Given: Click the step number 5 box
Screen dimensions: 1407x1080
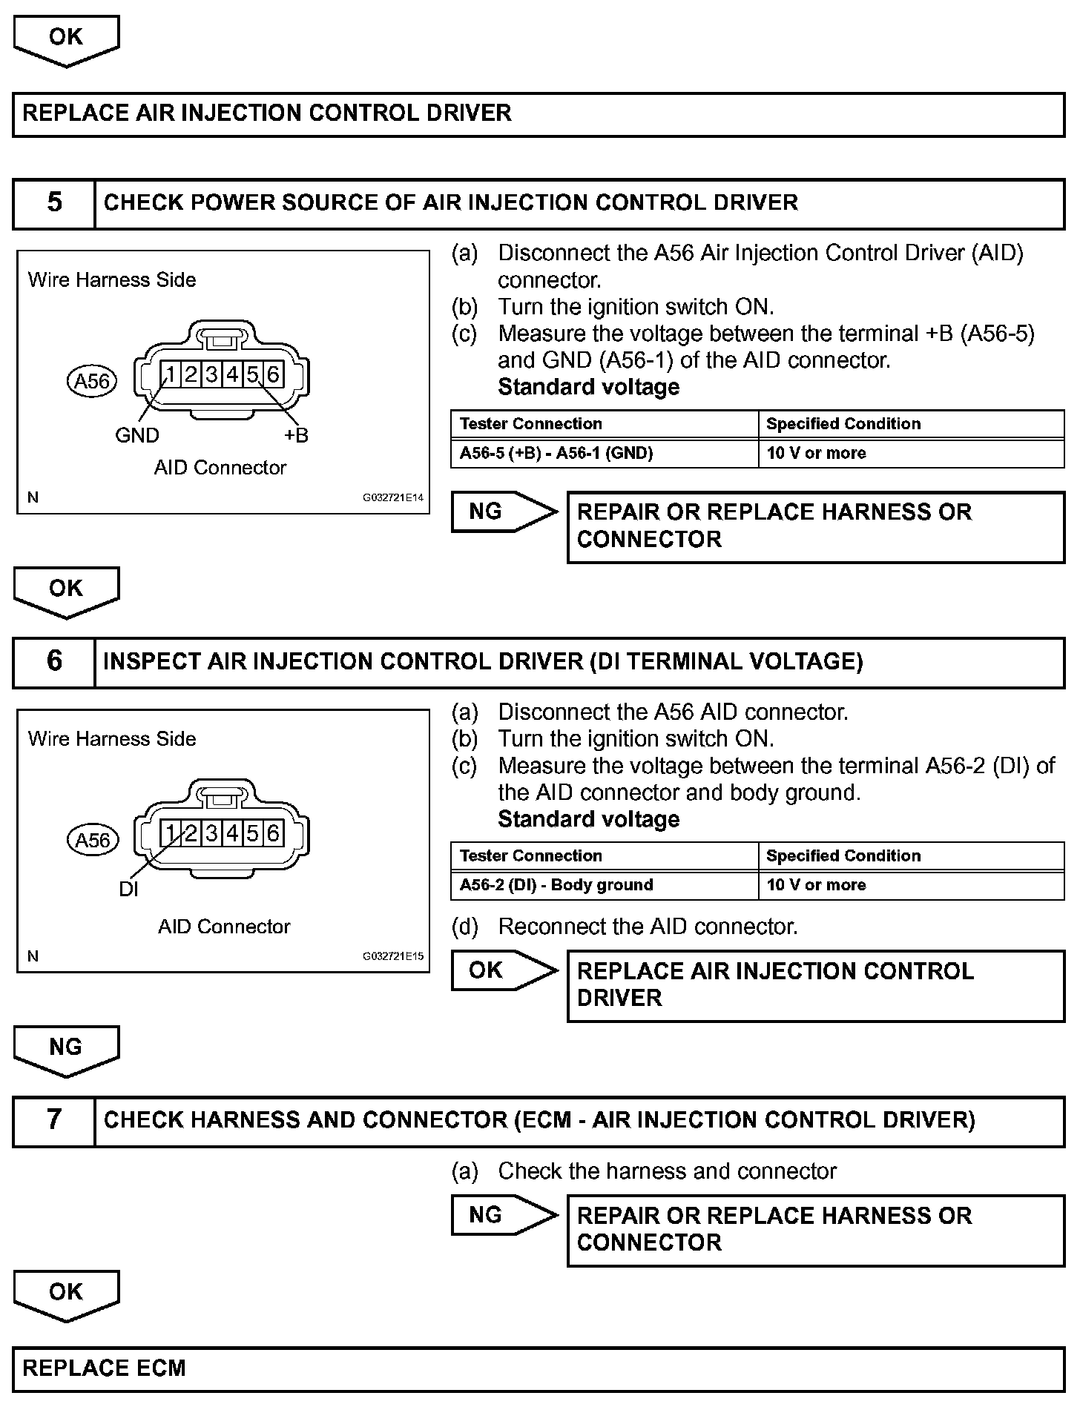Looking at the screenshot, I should click(x=54, y=203).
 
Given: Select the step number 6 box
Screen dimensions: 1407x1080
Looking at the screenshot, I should click(x=54, y=662).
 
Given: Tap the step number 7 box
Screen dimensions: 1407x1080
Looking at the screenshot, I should click(x=54, y=1120).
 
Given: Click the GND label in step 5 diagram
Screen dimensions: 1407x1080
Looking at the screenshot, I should click(x=137, y=435).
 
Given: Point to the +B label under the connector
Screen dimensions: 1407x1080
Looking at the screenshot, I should click(x=296, y=435).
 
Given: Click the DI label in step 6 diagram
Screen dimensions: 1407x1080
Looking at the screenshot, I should click(x=128, y=888).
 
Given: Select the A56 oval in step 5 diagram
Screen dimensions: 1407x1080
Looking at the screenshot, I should click(x=92, y=381).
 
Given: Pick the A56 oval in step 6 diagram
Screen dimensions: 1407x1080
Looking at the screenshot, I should click(x=92, y=840).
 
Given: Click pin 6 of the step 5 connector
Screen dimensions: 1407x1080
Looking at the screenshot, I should click(x=273, y=374).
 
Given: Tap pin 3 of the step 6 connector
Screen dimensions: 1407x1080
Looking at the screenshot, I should click(x=211, y=833).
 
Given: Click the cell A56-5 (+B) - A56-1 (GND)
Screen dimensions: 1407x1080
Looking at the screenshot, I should click(x=556, y=453).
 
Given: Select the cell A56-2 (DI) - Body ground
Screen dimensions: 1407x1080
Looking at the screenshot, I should click(x=556, y=885).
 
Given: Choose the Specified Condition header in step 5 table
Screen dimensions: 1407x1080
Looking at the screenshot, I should click(x=843, y=424).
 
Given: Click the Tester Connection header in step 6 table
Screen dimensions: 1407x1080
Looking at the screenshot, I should click(x=531, y=856).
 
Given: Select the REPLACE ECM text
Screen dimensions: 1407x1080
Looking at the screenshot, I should click(x=105, y=1368).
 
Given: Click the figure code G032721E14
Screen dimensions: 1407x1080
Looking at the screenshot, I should click(x=392, y=498).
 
